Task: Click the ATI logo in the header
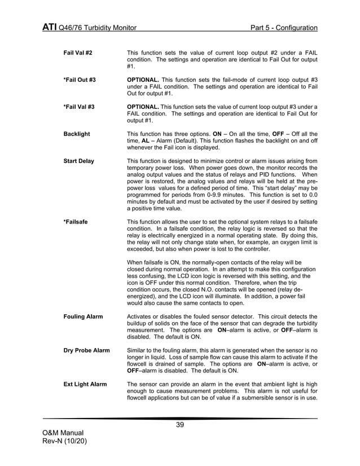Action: (x=49, y=28)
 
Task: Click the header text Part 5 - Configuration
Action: (x=284, y=28)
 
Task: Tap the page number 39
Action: (x=180, y=425)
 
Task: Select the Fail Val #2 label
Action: (x=78, y=52)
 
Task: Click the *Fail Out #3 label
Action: (x=79, y=80)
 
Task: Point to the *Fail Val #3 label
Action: (x=78, y=107)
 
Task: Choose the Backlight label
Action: (x=77, y=134)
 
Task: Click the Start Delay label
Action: (x=79, y=161)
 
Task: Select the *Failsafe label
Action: (x=75, y=222)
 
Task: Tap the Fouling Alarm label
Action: (x=83, y=316)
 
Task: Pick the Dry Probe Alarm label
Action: (x=86, y=350)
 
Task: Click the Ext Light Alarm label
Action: (x=85, y=384)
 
